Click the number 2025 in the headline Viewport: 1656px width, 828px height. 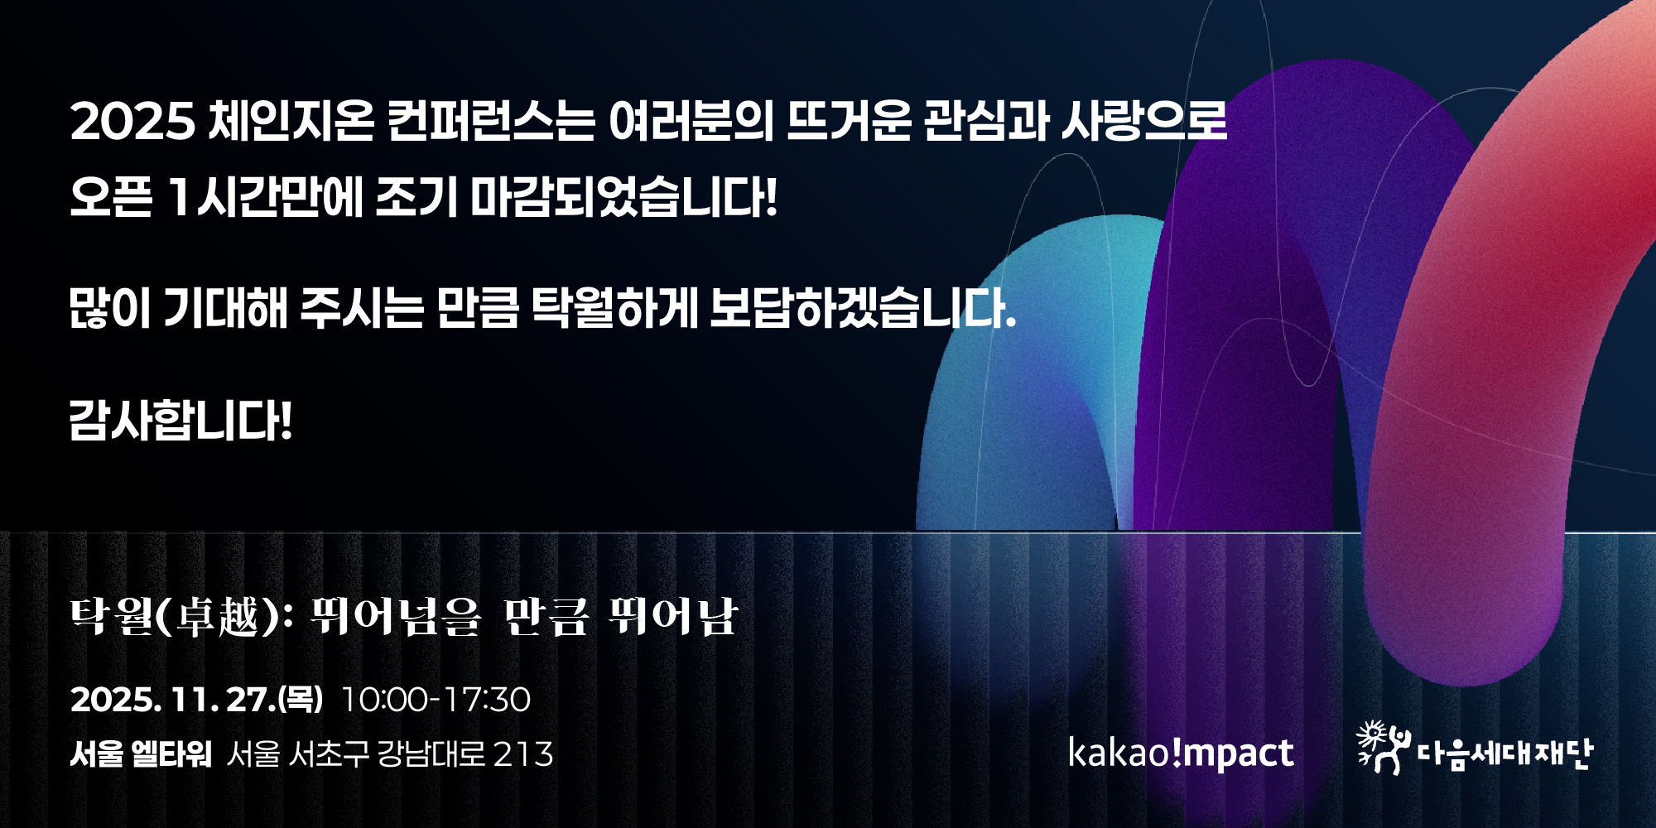[x=132, y=122]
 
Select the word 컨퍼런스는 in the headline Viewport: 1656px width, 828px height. [x=491, y=121]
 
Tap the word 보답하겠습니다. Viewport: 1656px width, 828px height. [x=864, y=308]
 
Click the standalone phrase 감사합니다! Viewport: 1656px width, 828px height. [x=181, y=420]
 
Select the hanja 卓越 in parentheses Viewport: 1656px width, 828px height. [x=218, y=618]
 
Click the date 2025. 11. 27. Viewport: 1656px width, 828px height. [x=172, y=700]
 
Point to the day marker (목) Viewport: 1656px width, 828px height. [x=300, y=700]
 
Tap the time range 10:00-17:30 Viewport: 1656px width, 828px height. [x=436, y=700]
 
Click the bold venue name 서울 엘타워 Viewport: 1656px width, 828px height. [x=141, y=754]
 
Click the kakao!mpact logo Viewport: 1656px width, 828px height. [x=1181, y=753]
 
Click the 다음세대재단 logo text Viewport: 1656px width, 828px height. [x=1504, y=753]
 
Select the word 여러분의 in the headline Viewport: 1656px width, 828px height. [x=691, y=121]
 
